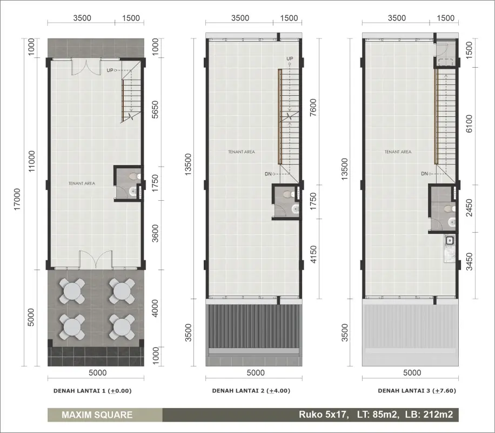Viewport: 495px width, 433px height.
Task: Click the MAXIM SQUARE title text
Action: (x=97, y=415)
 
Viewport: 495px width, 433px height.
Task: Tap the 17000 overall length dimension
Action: (x=17, y=199)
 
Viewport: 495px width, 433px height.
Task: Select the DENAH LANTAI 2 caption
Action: (x=251, y=391)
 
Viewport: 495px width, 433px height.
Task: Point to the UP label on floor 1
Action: (x=110, y=70)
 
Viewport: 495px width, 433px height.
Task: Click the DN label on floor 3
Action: (x=424, y=174)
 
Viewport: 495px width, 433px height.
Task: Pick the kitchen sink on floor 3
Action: (x=450, y=241)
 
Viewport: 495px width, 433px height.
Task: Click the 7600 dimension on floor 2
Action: (x=313, y=108)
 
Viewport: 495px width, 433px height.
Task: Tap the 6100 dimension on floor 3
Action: (x=469, y=123)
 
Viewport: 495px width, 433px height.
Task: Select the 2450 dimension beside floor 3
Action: (x=469, y=208)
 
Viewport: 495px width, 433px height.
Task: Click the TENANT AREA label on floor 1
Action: (x=82, y=183)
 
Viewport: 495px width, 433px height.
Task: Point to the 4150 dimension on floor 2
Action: (x=313, y=254)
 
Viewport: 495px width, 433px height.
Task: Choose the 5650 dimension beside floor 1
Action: (x=155, y=110)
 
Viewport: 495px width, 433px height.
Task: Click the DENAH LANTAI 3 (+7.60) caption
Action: (x=417, y=391)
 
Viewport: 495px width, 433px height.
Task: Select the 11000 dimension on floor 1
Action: (x=31, y=161)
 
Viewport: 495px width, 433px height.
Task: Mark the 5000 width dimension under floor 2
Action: (x=256, y=372)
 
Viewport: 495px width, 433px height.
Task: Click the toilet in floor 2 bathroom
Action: (x=288, y=194)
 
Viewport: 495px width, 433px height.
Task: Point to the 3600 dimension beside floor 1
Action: (x=155, y=233)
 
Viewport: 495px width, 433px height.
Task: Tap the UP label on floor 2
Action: (x=290, y=58)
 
